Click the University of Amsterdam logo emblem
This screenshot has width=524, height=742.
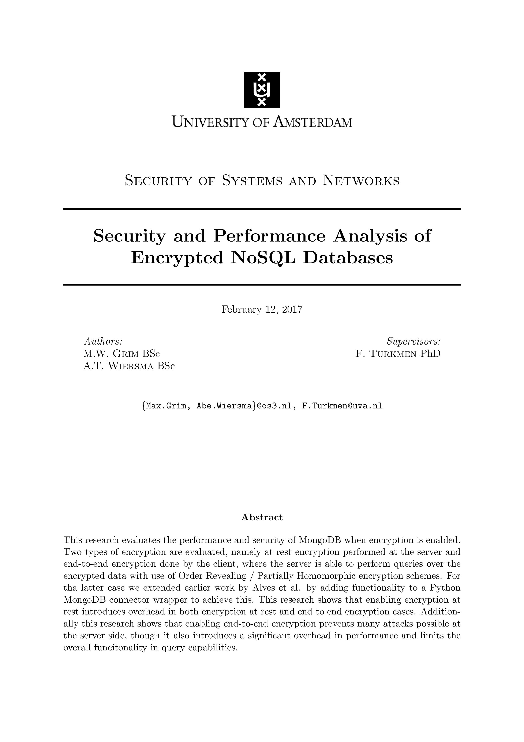[x=262, y=89]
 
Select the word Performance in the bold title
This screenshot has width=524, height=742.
[x=269, y=236]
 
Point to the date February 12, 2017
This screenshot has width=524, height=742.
[x=262, y=310]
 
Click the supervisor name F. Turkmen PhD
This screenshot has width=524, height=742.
[x=398, y=353]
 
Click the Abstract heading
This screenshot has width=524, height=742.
[x=262, y=517]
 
